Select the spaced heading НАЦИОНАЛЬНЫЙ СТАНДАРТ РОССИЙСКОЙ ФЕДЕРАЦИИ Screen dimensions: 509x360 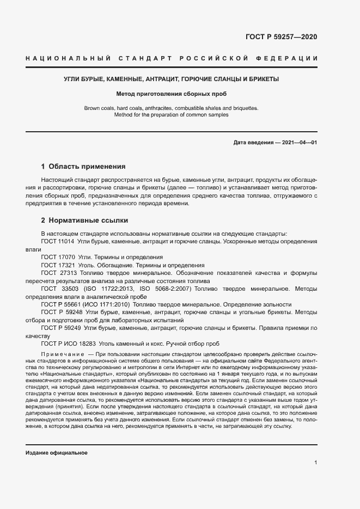(x=172, y=58)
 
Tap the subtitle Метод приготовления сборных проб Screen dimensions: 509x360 (x=171, y=94)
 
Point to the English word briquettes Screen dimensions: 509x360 (x=245, y=108)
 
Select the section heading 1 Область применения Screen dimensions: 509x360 (x=83, y=167)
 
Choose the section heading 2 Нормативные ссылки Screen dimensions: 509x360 (x=84, y=220)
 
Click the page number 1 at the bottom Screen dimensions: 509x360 (x=316, y=462)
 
